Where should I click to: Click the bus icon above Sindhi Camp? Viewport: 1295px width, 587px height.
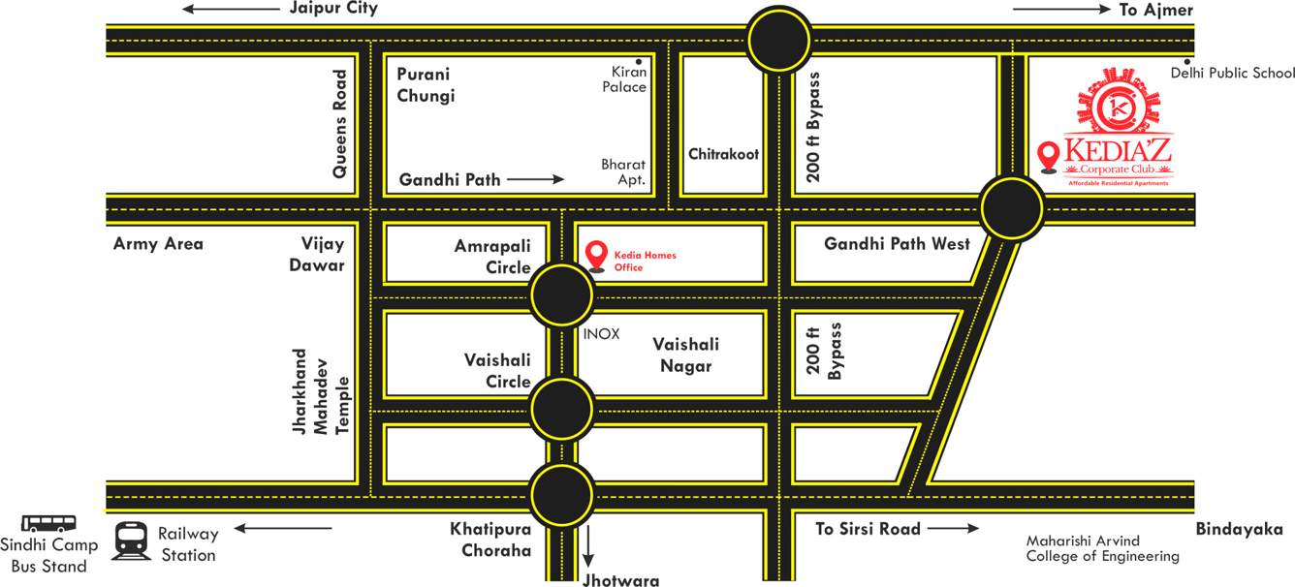click(47, 524)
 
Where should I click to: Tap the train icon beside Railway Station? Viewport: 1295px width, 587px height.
click(129, 541)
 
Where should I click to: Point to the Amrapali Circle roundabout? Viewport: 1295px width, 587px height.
click(561, 294)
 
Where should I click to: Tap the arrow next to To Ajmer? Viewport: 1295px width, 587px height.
click(1060, 10)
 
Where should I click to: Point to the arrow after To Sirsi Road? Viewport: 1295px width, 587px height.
click(954, 529)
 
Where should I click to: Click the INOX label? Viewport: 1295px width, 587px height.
click(601, 333)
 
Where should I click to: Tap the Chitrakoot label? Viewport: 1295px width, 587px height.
click(723, 154)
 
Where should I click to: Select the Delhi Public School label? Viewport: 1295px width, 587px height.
click(1232, 73)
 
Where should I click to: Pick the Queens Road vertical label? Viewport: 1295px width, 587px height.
click(339, 123)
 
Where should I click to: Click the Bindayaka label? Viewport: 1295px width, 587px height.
click(1239, 529)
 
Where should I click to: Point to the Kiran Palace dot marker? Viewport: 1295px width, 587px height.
click(639, 61)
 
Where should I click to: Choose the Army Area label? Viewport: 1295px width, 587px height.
click(158, 244)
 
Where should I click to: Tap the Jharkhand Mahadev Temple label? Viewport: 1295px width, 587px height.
click(320, 392)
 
